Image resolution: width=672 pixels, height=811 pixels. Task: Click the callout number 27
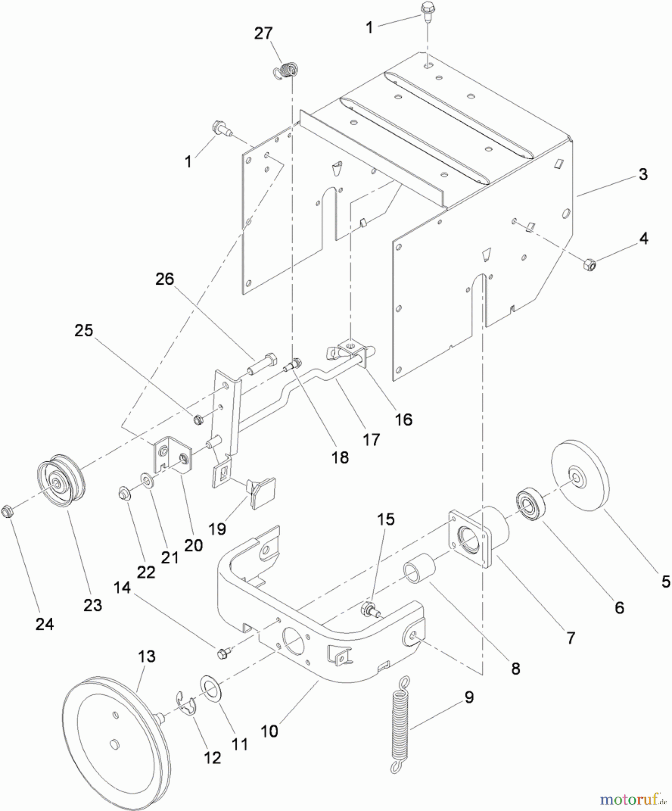coord(263,33)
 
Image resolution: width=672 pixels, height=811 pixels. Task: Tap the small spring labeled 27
coord(286,71)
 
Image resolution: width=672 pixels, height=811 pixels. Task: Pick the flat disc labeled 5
coord(580,475)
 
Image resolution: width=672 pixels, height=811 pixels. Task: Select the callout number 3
coord(643,175)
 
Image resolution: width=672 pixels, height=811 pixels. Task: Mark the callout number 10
coord(269,731)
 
